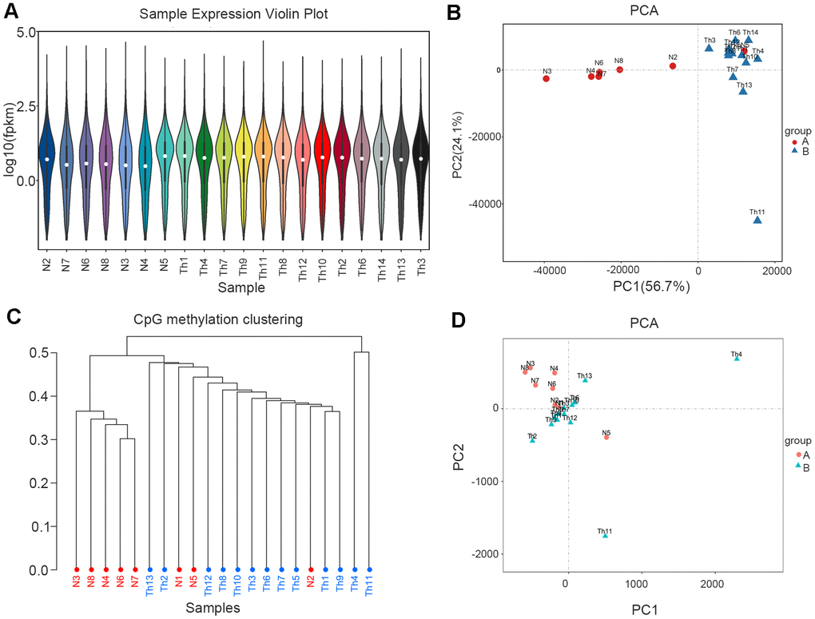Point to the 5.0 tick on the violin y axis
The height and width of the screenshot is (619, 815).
[x=22, y=32]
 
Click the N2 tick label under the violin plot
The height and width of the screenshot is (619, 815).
[x=47, y=258]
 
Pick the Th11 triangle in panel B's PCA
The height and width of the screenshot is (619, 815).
[x=757, y=220]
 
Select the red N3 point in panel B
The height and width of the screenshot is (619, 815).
[x=547, y=78]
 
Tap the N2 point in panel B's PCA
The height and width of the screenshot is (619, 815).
[x=673, y=66]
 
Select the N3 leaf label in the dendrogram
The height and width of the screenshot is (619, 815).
[x=77, y=583]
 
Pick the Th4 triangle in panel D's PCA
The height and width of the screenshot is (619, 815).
[x=737, y=359]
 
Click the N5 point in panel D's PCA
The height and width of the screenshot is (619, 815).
[x=606, y=437]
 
